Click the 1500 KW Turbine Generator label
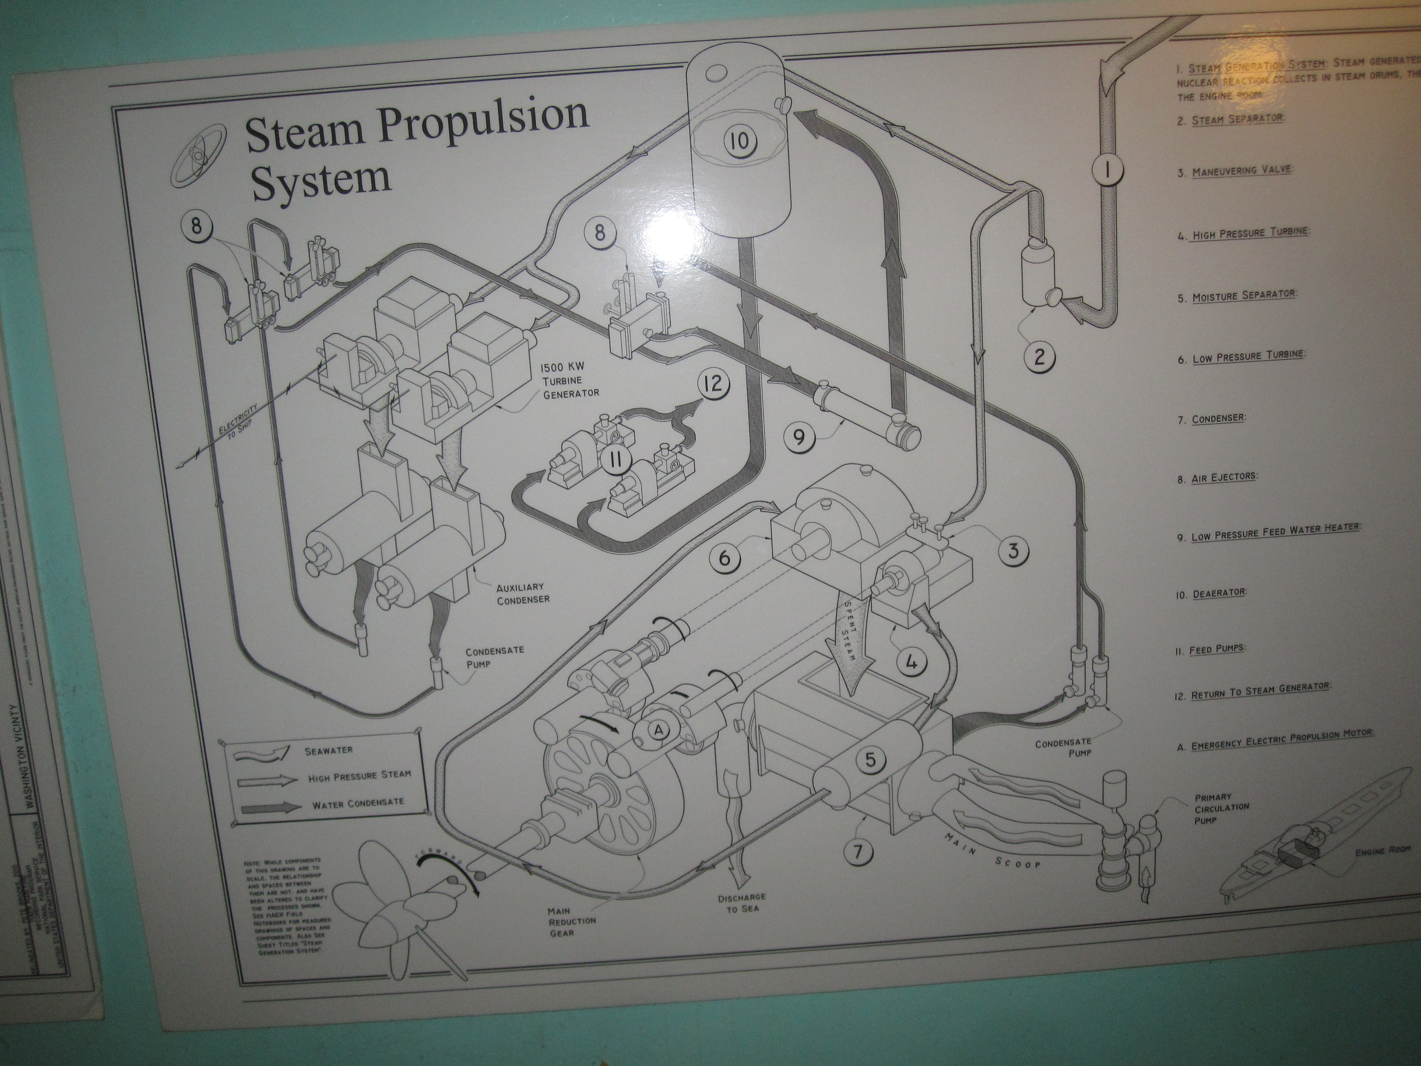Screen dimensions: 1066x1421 click(x=571, y=381)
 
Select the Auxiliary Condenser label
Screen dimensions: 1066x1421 click(x=523, y=592)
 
